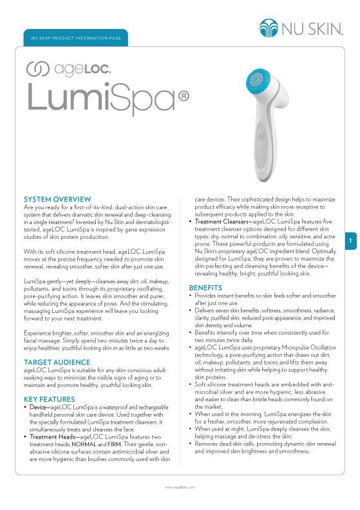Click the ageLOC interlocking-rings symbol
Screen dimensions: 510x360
click(36, 67)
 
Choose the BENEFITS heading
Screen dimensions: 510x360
click(205, 287)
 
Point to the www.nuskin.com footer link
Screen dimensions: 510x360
click(180, 488)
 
